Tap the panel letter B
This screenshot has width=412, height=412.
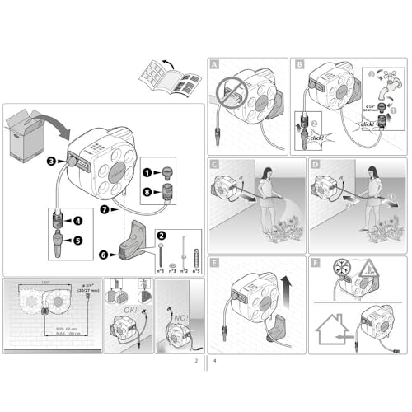pos(298,63)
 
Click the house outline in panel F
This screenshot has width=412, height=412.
pos(334,330)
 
